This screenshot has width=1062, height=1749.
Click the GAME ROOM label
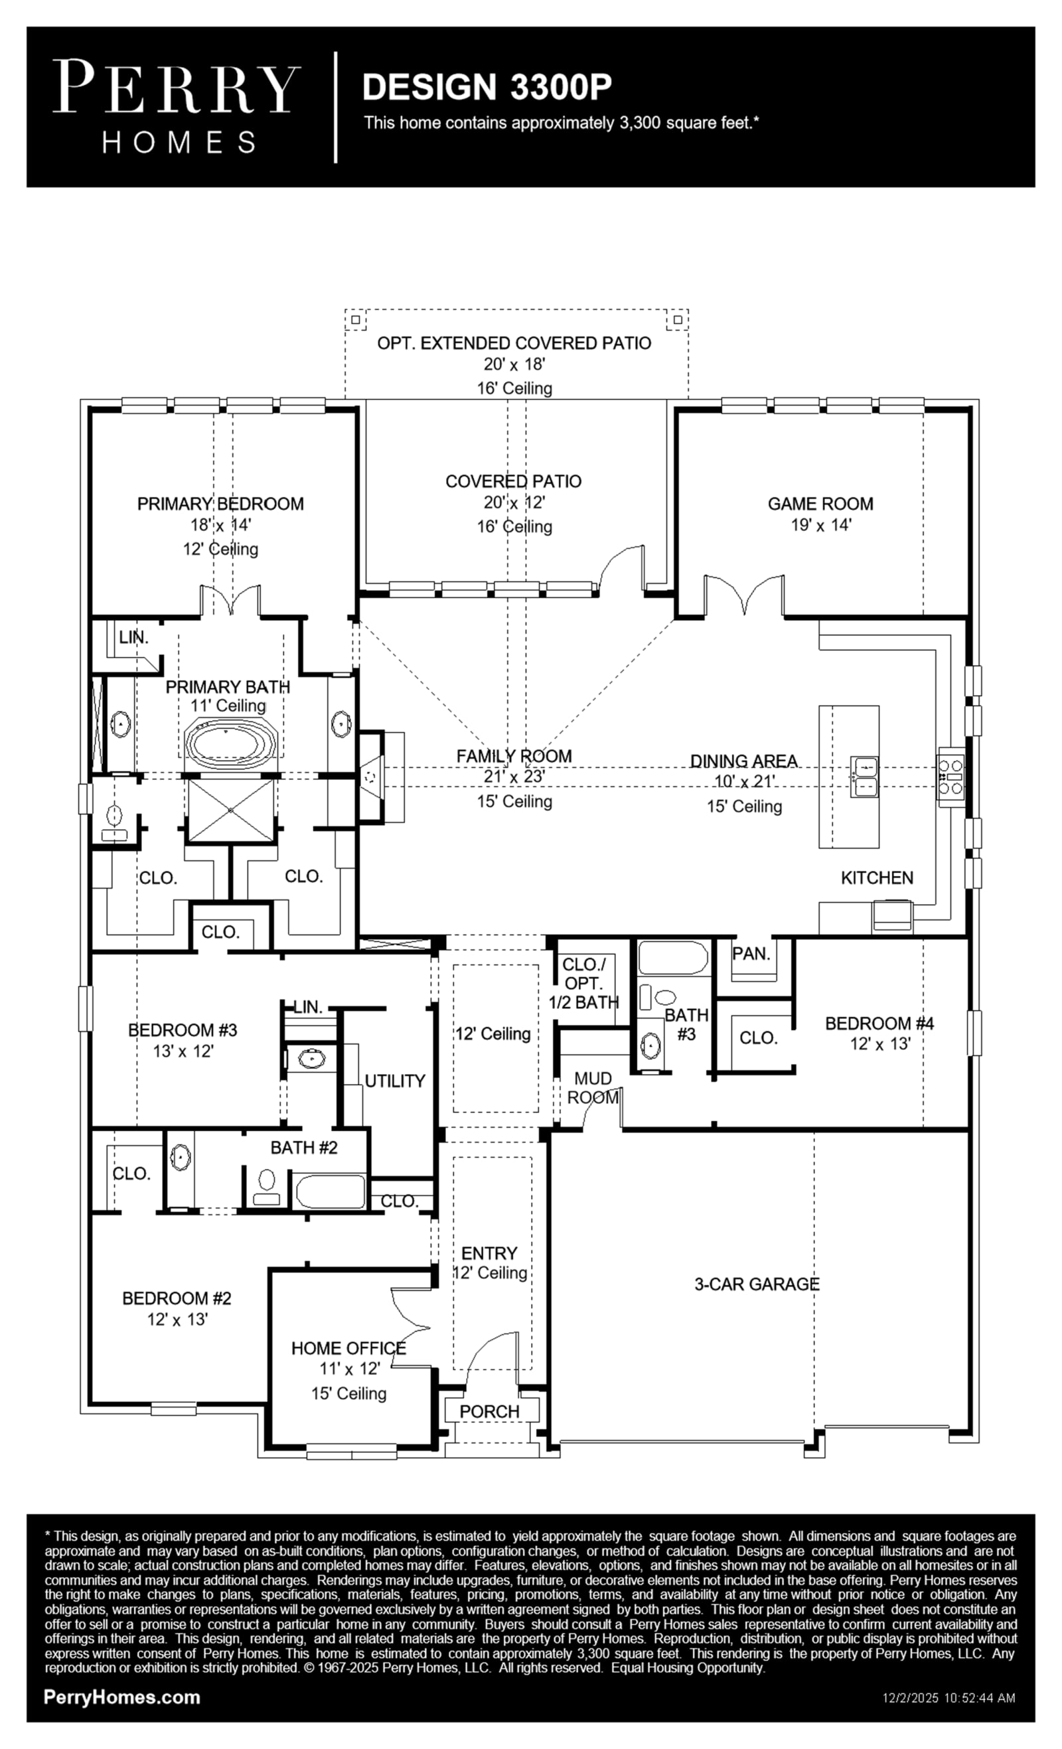[x=820, y=504]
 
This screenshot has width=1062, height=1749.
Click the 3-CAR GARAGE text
[x=757, y=1283]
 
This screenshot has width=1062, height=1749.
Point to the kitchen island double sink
[x=866, y=777]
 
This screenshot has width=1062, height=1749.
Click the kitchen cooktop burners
[x=951, y=777]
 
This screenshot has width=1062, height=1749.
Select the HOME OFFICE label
[x=348, y=1348]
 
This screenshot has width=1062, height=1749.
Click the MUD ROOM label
[x=593, y=1087]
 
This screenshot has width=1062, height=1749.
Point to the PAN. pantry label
[x=751, y=953]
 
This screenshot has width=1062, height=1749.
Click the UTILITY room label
[x=395, y=1081]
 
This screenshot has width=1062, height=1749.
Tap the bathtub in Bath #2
[x=330, y=1191]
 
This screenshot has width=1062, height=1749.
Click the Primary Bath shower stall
[x=231, y=810]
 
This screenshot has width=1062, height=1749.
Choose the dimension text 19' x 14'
[x=820, y=525]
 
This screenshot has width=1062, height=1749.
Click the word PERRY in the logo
[x=176, y=86]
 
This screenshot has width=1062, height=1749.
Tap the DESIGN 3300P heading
[x=487, y=86]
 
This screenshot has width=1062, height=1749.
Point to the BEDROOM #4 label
[x=879, y=1023]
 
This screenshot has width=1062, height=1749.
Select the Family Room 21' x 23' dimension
[x=514, y=777]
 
